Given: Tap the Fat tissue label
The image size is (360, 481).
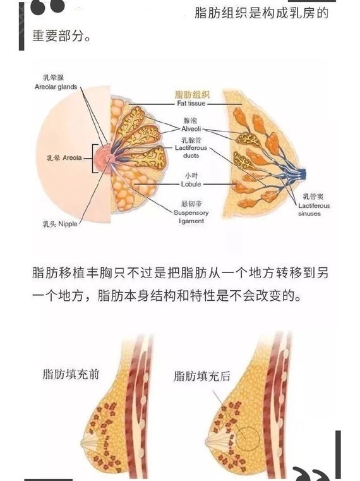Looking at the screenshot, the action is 191,104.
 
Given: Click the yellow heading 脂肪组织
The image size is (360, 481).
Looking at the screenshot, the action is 192,94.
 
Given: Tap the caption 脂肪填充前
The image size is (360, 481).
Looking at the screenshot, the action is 71,375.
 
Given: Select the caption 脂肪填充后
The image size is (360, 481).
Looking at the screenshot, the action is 202,376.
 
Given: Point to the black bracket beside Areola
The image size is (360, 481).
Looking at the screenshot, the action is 93,158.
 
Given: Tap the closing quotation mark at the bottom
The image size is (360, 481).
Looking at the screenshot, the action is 310,474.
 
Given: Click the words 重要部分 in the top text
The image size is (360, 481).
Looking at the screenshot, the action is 58,36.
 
